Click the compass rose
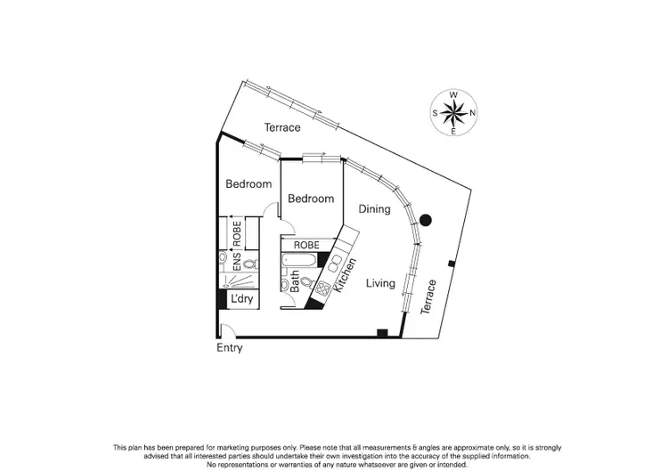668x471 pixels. [x=454, y=113]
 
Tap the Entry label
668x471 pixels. [x=230, y=348]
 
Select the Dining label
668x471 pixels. [x=374, y=208]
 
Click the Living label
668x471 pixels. [x=380, y=283]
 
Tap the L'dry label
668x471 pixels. [x=242, y=300]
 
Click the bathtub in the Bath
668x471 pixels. [x=297, y=262]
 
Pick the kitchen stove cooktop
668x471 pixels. [x=324, y=287]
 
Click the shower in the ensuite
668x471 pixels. [x=238, y=280]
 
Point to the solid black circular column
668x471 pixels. [x=426, y=220]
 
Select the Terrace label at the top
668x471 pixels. [x=282, y=127]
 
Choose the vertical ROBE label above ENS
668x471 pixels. [x=238, y=231]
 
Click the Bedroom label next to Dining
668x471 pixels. [x=311, y=199]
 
